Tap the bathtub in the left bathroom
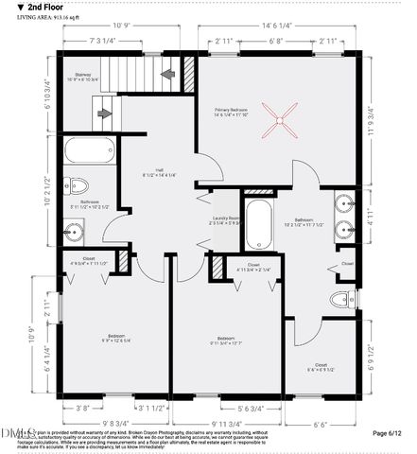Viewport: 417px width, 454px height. click(88, 150)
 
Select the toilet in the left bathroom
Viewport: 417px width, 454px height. click(78, 185)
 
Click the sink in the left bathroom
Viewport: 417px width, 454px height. click(75, 227)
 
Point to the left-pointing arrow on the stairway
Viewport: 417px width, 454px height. click(168, 73)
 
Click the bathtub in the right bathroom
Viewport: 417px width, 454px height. click(256, 222)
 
